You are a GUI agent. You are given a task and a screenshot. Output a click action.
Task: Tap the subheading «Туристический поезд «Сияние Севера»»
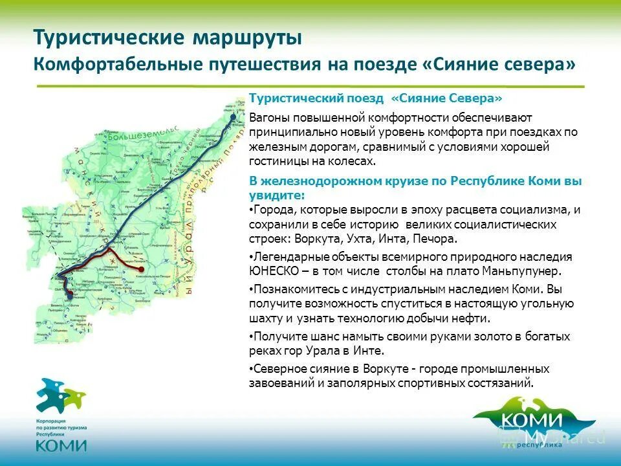[x=376, y=98]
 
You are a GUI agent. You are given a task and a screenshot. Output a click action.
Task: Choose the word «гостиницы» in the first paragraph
[x=279, y=162]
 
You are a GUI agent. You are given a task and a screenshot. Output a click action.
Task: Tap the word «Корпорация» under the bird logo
[x=50, y=420]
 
